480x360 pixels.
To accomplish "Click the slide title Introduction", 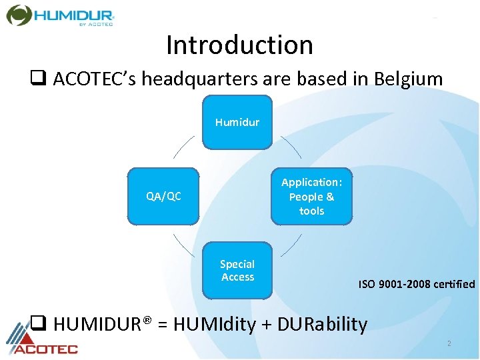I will [x=239, y=45].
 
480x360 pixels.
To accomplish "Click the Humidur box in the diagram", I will [x=237, y=122].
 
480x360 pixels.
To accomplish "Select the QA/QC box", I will [x=163, y=196].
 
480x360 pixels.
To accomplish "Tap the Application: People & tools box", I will [x=311, y=196].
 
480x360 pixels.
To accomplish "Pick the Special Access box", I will [x=237, y=271].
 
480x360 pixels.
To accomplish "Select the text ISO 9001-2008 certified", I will [x=417, y=284].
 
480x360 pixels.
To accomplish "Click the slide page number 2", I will [x=449, y=343].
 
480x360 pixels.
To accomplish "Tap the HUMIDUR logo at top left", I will [x=61, y=15].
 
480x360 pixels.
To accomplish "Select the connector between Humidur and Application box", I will [x=291, y=147].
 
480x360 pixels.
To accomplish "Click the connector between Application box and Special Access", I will [x=291, y=245].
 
